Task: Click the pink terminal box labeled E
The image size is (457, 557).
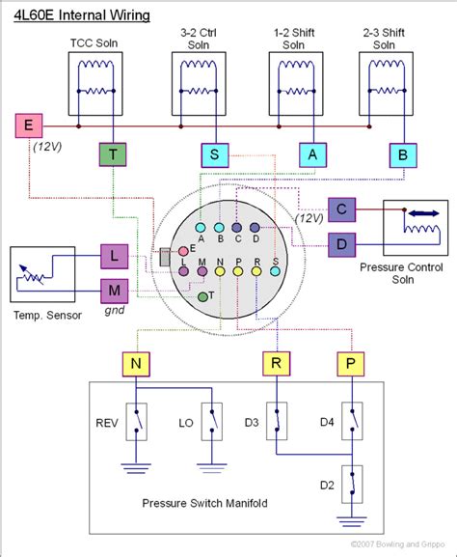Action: (26, 125)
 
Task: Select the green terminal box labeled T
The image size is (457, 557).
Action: (114, 153)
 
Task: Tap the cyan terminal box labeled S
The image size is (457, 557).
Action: (214, 153)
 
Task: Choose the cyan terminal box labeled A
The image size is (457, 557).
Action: (310, 153)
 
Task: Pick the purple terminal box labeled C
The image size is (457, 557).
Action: (340, 210)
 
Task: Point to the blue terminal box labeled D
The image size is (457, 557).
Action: (340, 245)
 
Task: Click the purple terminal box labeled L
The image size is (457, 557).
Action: (115, 256)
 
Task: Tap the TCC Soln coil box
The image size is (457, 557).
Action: (95, 85)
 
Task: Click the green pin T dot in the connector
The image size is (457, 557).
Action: (202, 296)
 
